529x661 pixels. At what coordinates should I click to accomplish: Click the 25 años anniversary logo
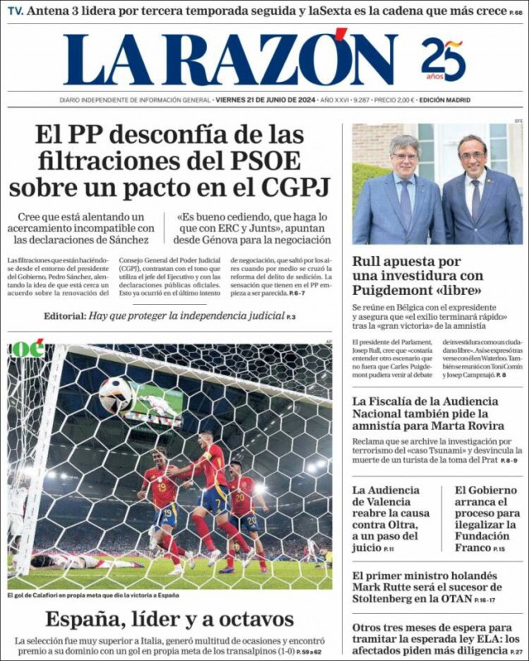(x=443, y=59)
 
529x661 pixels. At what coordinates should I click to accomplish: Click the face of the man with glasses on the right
(x=473, y=157)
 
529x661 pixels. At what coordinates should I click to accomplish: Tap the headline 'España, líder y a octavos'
(x=169, y=619)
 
